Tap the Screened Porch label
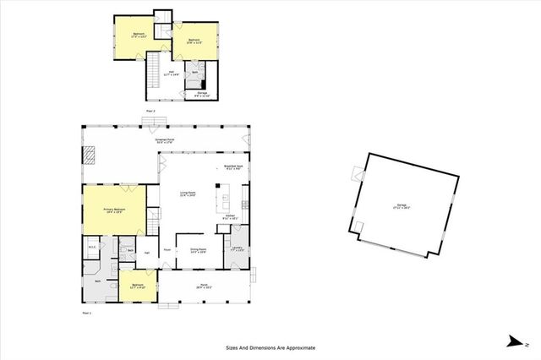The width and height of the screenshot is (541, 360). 164,140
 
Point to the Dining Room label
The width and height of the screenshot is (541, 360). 199,250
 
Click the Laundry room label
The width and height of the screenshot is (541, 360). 237,249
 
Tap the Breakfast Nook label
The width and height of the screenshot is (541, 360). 233,167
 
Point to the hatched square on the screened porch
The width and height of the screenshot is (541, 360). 90,155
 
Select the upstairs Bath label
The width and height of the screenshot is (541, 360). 194,73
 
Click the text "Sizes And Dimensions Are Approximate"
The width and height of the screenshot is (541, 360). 270,347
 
